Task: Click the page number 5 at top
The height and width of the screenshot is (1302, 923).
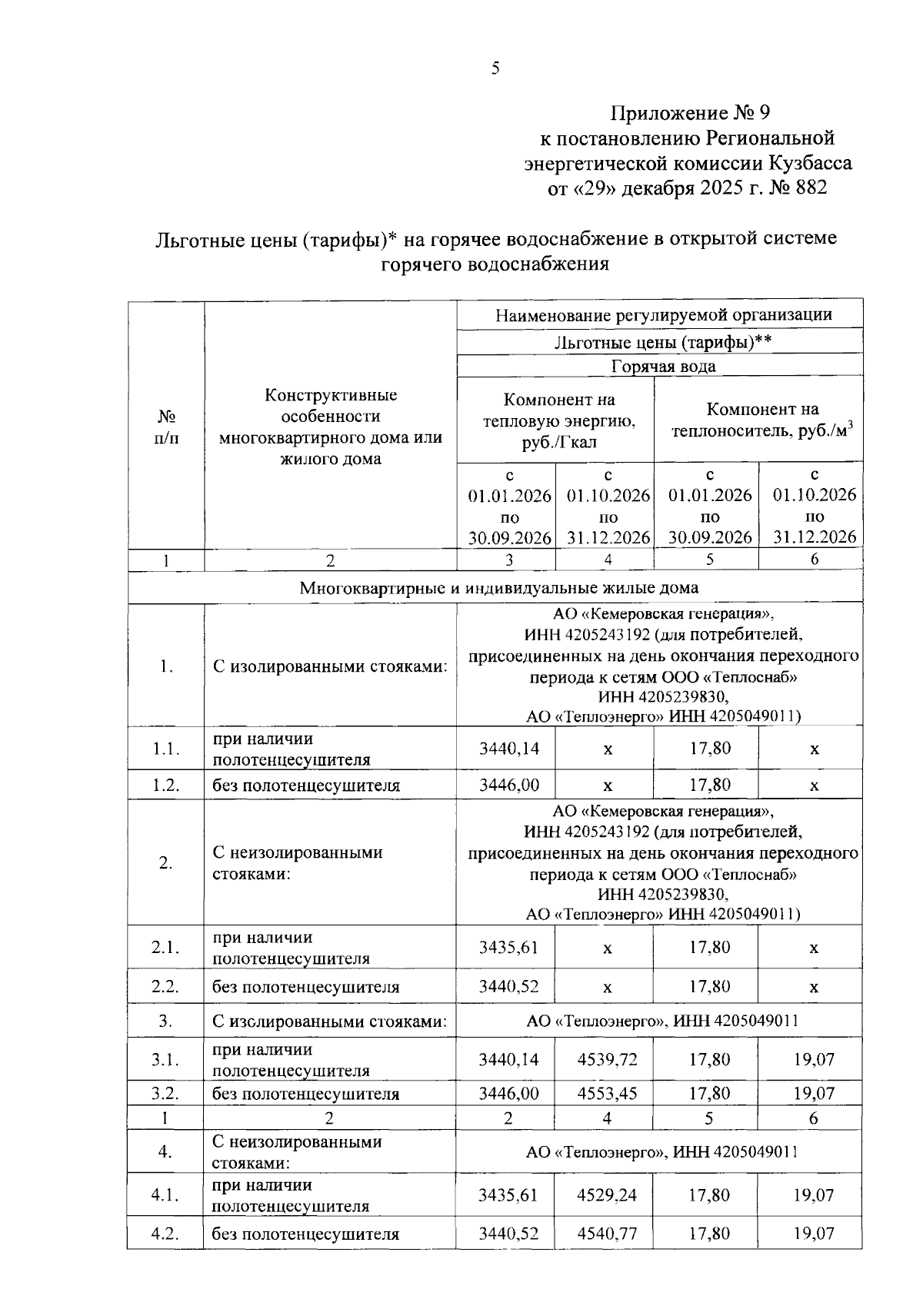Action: [x=495, y=68]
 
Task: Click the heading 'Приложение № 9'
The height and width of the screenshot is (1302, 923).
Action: [x=689, y=114]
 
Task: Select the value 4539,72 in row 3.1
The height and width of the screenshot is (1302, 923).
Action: [x=607, y=1060]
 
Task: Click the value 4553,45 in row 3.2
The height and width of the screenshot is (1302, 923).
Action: [x=607, y=1093]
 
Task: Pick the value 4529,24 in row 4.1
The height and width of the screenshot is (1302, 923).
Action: [x=607, y=1195]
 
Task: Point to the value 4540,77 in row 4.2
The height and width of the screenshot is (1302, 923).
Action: [x=607, y=1234]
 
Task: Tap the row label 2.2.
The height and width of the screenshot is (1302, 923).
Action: [x=165, y=987]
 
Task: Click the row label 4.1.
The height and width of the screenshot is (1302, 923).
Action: [x=165, y=1195]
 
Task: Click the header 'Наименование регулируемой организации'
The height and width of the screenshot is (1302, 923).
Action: [x=663, y=314]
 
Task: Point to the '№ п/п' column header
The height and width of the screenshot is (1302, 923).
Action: [x=166, y=427]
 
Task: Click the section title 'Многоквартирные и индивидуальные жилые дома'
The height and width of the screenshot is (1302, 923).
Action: [x=498, y=588]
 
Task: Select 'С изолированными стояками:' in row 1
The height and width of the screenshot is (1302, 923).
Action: [x=329, y=666]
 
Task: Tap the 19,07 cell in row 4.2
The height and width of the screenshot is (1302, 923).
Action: [x=814, y=1234]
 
